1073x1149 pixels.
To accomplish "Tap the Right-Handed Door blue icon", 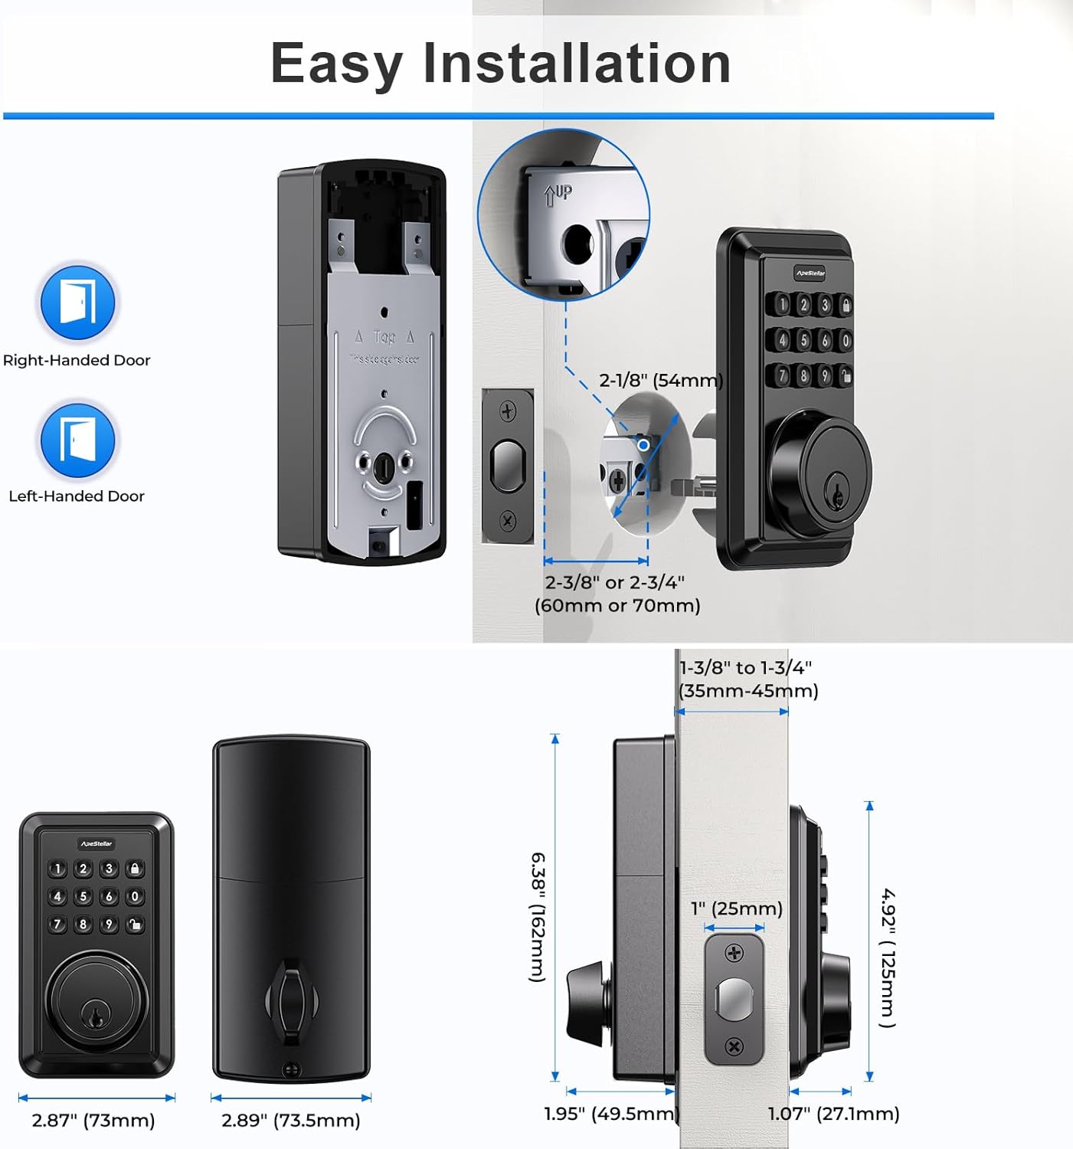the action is tap(77, 302).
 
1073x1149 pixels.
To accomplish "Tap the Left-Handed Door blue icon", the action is tap(77, 440).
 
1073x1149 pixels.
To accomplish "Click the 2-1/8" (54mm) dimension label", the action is tap(660, 380).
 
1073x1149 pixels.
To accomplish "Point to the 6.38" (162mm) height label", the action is tap(538, 916).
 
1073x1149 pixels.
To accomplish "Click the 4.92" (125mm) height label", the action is tap(888, 957).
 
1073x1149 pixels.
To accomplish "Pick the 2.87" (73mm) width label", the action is tap(93, 1121).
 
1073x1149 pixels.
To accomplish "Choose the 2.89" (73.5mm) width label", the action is tap(290, 1121).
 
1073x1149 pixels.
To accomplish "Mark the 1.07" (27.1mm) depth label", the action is tap(834, 1113).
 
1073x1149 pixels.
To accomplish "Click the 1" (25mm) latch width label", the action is tap(736, 908).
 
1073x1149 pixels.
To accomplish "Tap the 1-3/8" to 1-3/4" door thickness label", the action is tap(748, 679).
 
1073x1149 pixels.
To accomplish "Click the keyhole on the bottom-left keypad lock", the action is tap(97, 1016).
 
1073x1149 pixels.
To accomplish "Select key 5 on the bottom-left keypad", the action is tap(83, 896).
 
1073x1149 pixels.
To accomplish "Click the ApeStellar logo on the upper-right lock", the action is tap(810, 273).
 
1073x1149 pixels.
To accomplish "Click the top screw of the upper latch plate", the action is tap(508, 411).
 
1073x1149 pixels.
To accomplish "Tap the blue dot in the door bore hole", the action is tap(643, 445).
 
